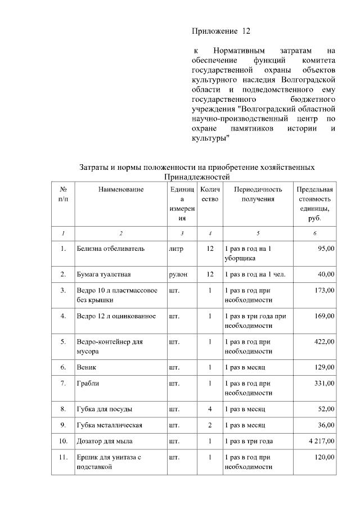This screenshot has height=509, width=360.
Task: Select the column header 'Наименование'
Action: point(121,190)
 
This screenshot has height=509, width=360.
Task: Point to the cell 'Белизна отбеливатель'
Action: point(111,248)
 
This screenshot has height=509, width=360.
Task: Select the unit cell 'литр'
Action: point(175,248)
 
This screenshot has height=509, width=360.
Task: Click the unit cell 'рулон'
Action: point(178,274)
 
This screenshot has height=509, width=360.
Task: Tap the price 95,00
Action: point(326,248)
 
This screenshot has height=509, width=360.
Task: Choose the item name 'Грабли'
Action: point(88,383)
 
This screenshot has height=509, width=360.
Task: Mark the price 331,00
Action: point(324,383)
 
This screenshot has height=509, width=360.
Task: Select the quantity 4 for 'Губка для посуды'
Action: point(209,409)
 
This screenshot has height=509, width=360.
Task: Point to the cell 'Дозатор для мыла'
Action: point(105,441)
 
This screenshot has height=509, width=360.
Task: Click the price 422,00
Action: point(324,341)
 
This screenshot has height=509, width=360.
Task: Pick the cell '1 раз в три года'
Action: point(249,441)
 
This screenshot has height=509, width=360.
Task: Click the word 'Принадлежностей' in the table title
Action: point(196,177)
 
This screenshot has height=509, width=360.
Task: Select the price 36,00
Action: point(326,425)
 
